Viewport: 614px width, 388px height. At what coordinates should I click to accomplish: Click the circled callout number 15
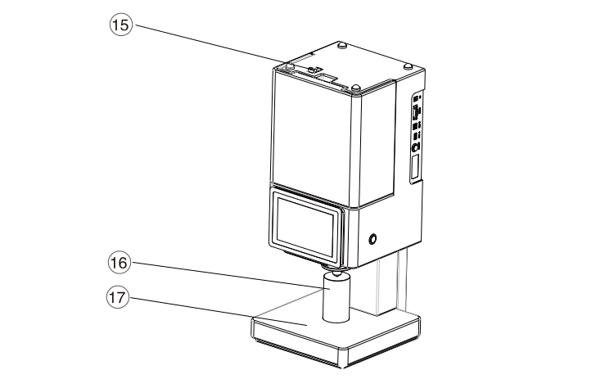coord(120,25)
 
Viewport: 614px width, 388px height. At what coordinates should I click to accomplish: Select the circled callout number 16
coord(119,262)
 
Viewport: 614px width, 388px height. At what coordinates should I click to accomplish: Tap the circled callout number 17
coord(117,298)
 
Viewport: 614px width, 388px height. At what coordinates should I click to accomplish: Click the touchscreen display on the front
coord(306,225)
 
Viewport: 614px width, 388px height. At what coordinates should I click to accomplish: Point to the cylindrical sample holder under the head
coord(336,298)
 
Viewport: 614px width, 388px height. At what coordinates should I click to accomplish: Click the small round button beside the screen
coord(372,239)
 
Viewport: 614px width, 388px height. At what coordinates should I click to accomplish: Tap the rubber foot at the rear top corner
coord(343,45)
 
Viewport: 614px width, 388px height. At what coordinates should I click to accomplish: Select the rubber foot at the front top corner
coord(355,87)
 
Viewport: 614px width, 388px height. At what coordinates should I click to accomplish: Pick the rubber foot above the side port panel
coord(407,66)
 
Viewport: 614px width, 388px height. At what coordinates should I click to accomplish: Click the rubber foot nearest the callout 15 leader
coord(289,65)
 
